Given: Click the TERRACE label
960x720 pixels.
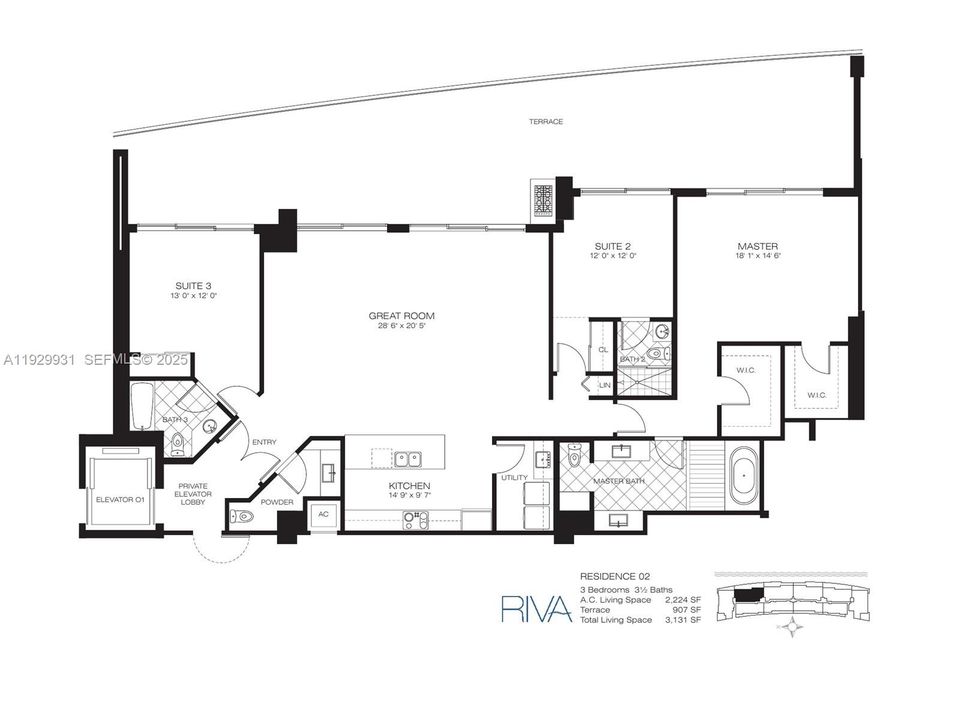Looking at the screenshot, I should [547, 122].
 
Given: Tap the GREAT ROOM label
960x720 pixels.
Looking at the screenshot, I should [401, 316].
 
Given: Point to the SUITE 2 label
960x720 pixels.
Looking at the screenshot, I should [612, 246].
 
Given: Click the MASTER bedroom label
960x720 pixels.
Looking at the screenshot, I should [757, 246].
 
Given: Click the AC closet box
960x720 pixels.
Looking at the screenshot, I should [322, 513].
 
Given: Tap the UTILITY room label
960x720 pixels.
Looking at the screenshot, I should [514, 477].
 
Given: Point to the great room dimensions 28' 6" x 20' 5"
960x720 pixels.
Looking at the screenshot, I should [401, 327].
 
